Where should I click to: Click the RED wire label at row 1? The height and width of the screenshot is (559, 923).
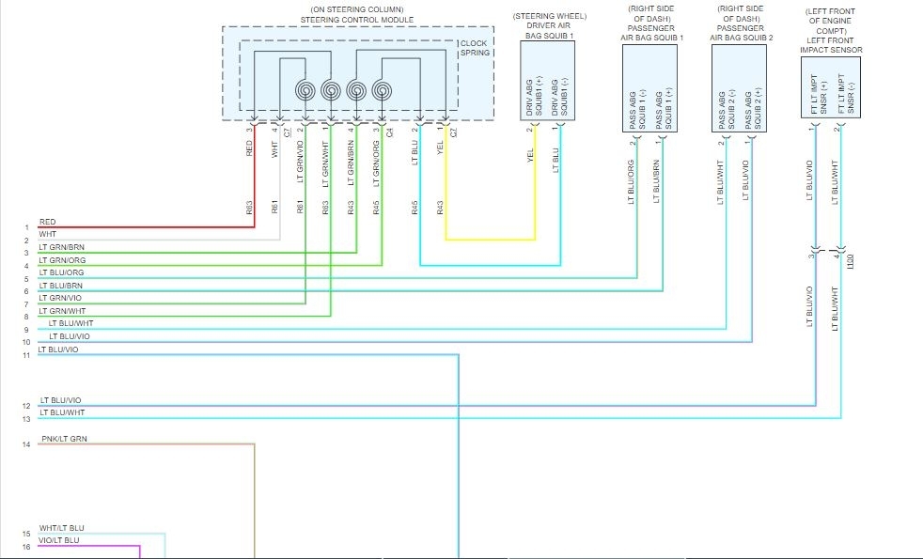click(x=47, y=223)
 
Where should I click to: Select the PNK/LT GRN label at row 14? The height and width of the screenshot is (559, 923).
click(x=64, y=439)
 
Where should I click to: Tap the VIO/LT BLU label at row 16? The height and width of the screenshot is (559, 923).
click(x=59, y=540)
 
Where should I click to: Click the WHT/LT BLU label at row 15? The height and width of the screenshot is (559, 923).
click(x=62, y=528)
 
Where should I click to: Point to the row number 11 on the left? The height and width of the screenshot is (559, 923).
click(x=26, y=355)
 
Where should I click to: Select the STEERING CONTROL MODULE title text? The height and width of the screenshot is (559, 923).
click(x=357, y=19)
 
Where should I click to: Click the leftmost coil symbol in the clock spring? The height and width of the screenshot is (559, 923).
click(x=306, y=91)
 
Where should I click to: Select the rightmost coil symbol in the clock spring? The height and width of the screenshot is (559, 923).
click(x=382, y=91)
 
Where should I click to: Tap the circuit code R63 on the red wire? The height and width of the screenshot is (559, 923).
click(x=250, y=209)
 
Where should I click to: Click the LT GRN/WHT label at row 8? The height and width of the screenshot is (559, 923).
click(x=62, y=311)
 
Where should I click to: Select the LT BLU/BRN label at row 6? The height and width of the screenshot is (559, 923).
click(x=60, y=286)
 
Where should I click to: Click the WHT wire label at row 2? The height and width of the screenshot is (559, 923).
click(x=47, y=235)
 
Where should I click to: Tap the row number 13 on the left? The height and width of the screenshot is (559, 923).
click(x=26, y=419)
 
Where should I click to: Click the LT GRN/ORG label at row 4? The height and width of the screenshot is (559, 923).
click(x=62, y=260)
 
